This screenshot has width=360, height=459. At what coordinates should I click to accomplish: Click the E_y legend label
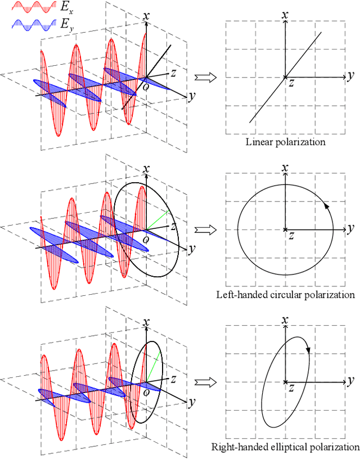(66, 25)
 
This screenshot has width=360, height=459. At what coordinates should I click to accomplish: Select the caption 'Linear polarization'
(286, 142)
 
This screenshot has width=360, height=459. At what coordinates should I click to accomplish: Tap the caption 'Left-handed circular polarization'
(286, 295)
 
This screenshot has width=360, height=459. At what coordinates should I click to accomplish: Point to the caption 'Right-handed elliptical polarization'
(285, 448)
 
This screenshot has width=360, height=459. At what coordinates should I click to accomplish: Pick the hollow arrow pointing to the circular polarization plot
(201, 229)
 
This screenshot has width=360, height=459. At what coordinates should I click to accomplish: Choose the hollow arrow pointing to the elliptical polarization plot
(201, 382)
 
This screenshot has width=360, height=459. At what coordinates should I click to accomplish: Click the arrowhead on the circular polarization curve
(326, 206)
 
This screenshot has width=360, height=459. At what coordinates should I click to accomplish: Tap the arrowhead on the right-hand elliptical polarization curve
(309, 350)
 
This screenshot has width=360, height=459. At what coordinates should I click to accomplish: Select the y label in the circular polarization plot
(350, 228)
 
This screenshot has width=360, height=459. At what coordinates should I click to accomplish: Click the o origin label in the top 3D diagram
(146, 86)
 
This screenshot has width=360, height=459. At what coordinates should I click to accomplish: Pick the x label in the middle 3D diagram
(147, 169)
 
